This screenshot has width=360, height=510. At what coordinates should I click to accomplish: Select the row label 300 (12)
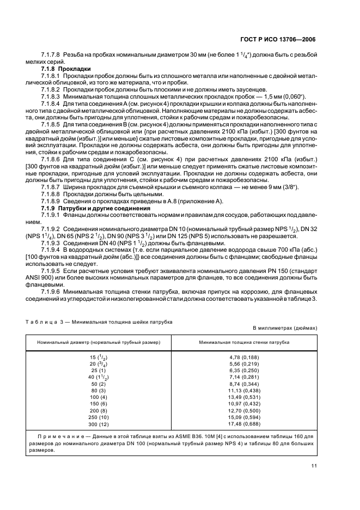tap(99, 423)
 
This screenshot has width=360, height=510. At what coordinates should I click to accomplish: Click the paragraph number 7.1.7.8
tap(51, 56)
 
